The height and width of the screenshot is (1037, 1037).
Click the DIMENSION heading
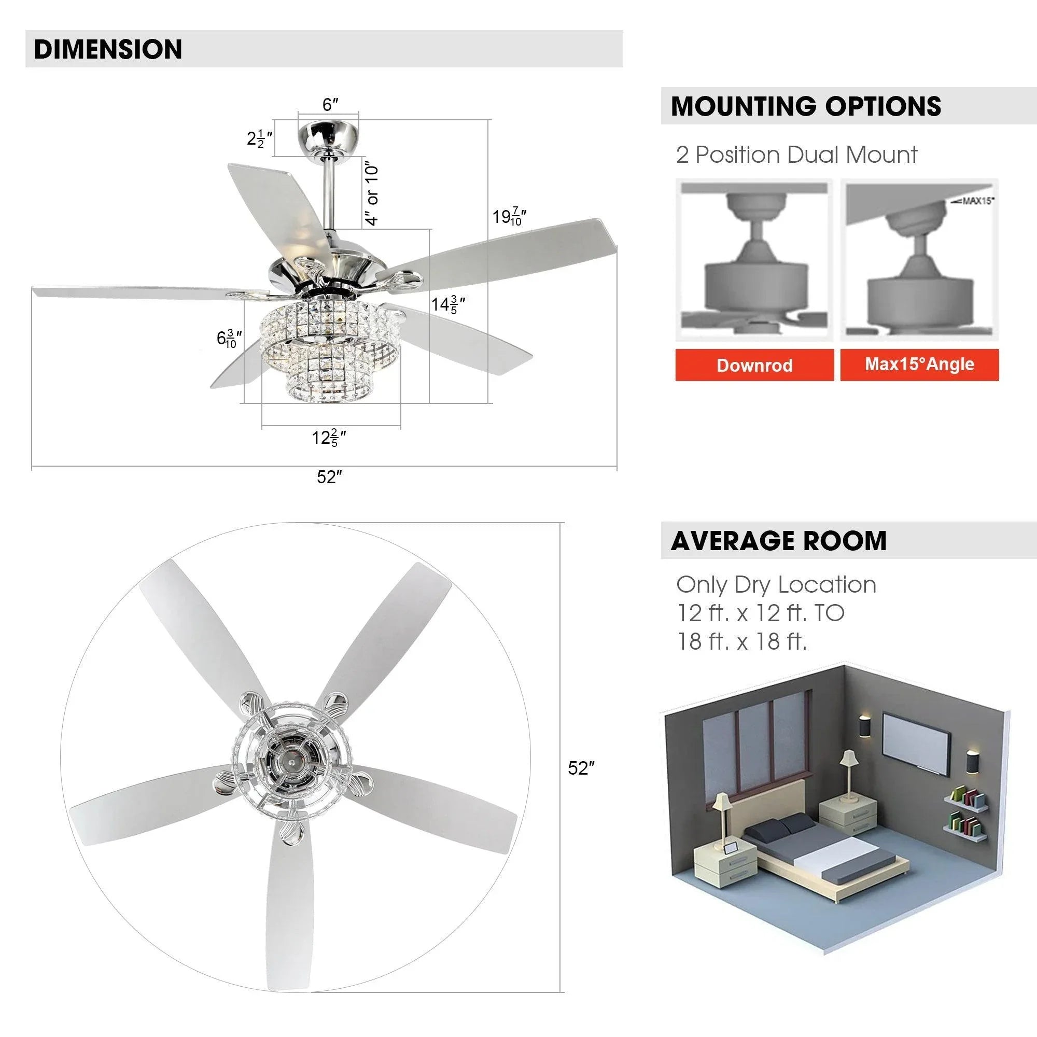108,49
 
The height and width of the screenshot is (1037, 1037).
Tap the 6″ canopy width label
330,105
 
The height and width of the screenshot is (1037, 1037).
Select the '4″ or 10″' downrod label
371,193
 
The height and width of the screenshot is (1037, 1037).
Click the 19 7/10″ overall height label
509,217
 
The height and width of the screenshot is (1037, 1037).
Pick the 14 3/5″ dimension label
447,305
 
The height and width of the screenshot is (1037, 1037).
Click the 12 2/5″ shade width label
329,438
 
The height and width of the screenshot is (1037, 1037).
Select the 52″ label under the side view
329,477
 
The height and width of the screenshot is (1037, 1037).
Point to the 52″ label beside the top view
581,768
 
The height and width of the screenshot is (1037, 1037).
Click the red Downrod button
754,365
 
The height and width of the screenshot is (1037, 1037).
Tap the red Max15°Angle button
919,365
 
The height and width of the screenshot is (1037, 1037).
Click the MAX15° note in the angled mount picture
973,201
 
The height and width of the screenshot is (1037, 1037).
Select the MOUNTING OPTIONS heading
806,106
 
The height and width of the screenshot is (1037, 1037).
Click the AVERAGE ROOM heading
778,540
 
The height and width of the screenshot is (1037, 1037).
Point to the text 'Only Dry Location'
776,584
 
